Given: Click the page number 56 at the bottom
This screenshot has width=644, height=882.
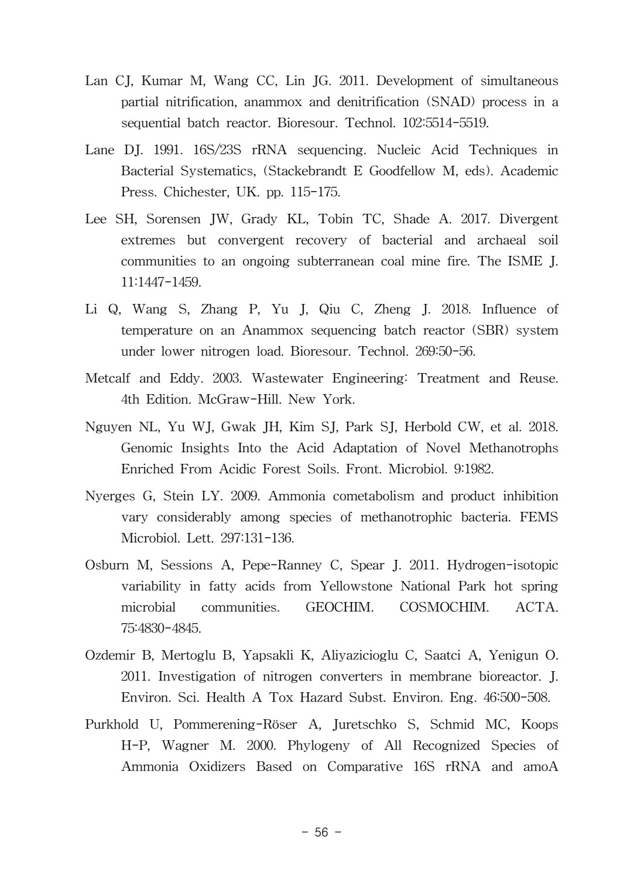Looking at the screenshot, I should [x=321, y=832].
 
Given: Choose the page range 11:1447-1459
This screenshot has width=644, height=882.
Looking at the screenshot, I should [x=160, y=282].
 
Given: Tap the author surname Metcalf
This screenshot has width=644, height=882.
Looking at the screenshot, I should [x=108, y=378].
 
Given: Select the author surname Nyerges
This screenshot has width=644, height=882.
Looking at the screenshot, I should [x=110, y=496].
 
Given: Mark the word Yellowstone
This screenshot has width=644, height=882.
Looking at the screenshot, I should [x=356, y=586].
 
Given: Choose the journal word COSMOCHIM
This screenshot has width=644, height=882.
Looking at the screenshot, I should [x=444, y=607].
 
